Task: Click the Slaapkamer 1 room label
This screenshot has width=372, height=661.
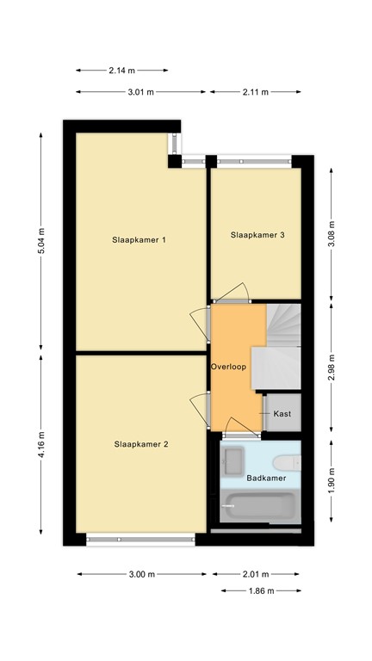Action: coord(139,240)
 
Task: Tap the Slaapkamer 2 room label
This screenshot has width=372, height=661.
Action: coord(141,444)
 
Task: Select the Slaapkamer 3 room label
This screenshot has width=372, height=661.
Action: coord(257,234)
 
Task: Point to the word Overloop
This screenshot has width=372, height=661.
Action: coord(228,367)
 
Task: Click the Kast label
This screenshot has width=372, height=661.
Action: coord(282,414)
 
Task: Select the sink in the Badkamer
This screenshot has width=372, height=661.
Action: coord(233,462)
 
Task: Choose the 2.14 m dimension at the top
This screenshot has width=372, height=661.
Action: coord(121,71)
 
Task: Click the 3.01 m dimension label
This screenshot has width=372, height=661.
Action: coord(140,91)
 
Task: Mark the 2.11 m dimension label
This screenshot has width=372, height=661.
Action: coord(256,91)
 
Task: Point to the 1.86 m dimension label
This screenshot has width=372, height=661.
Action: coord(260,590)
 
